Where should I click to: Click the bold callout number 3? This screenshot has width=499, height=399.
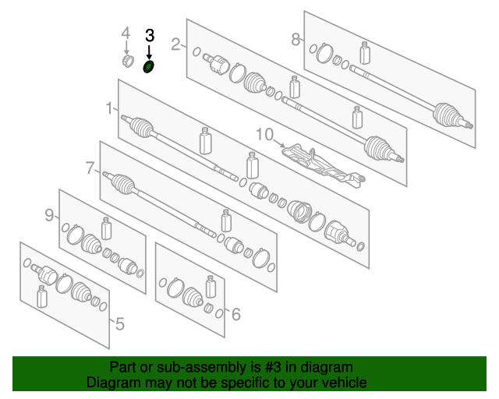150,36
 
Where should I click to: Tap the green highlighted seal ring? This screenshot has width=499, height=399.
148,67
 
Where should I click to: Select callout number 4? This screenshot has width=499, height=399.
126,33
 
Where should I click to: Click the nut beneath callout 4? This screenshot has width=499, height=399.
128,61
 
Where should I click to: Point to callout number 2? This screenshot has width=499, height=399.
175,44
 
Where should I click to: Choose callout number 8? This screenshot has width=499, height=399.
296,40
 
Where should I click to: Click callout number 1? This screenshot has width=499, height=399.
109,108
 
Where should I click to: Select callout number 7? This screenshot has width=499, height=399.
90,168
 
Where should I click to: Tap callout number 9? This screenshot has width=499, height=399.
49,215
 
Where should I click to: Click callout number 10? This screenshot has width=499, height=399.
265,135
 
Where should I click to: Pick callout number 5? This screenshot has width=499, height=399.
119,324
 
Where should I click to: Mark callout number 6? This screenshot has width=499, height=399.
235,314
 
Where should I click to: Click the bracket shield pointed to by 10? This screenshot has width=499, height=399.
323,164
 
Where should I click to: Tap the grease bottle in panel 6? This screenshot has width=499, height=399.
211,287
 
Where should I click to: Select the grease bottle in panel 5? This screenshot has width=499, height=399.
41,297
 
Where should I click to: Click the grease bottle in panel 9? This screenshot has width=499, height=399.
106,228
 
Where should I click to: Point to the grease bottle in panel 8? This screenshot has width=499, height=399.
365,53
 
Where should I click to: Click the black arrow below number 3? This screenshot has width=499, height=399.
149,52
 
